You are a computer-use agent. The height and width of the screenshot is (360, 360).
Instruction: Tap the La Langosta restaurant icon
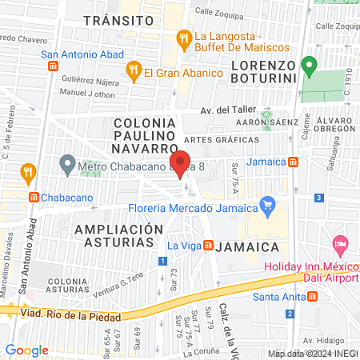[184, 37]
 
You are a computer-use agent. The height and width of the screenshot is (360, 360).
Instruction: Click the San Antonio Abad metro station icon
[53, 66]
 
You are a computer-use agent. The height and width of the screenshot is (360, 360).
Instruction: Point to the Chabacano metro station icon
[33, 197]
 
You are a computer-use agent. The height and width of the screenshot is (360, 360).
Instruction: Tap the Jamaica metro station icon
[294, 162]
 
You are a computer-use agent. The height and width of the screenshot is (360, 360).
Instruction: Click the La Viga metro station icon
[209, 245]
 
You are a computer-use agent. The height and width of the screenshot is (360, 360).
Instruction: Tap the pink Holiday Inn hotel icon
[340, 242]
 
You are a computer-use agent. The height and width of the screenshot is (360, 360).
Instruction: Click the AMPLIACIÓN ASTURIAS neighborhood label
[114, 236]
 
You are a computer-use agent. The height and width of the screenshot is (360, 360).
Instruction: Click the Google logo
[27, 350]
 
